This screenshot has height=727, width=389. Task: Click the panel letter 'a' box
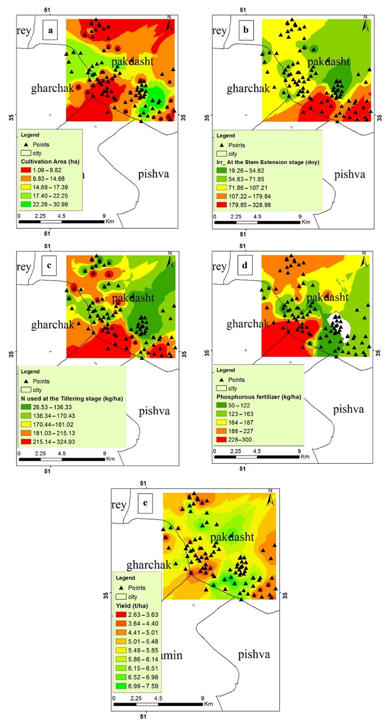(50, 30)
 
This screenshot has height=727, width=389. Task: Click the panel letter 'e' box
(145, 503)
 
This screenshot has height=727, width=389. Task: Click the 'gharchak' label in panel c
(53, 325)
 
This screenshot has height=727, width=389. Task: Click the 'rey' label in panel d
(219, 266)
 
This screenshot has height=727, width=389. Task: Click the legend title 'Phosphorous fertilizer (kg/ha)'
(258, 397)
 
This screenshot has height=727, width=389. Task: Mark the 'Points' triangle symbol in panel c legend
(26, 381)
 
